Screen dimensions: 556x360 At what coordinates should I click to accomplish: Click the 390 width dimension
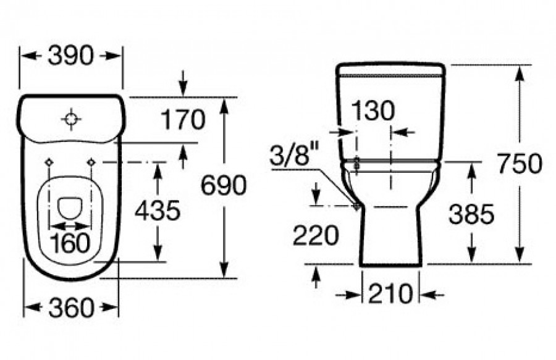click(70, 56)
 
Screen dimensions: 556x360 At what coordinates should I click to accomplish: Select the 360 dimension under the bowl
click(71, 308)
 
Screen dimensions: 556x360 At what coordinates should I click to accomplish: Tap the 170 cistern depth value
click(183, 120)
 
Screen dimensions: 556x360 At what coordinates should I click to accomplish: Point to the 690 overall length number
click(224, 185)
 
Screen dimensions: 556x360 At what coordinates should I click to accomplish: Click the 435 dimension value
click(158, 211)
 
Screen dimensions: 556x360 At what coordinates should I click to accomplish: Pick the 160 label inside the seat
click(70, 243)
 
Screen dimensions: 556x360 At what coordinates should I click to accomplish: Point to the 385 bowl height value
click(471, 214)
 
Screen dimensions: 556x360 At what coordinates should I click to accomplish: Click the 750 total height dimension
click(520, 164)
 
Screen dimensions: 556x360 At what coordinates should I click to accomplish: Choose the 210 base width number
click(390, 294)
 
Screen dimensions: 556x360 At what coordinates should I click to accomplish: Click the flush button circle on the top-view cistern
click(71, 119)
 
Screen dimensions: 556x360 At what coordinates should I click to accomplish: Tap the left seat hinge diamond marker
click(49, 162)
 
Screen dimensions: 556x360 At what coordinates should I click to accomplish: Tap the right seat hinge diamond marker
click(91, 162)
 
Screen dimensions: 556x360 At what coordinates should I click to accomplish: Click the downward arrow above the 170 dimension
click(183, 83)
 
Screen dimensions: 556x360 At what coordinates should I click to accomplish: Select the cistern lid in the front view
click(390, 70)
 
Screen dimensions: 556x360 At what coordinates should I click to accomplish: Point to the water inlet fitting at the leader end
click(356, 206)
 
